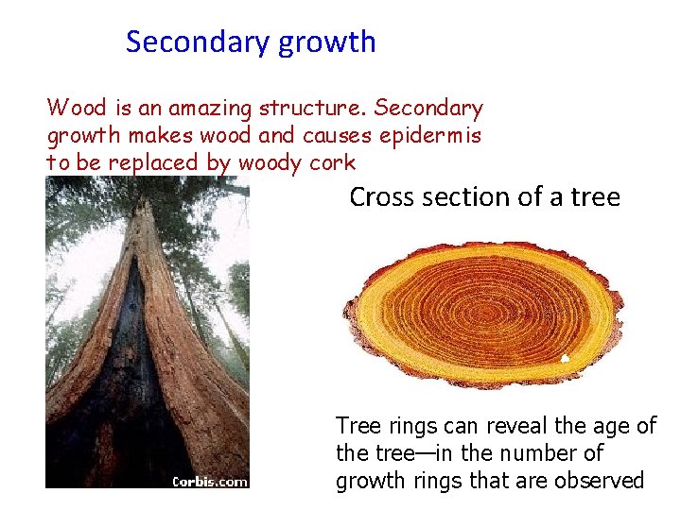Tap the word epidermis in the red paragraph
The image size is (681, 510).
[x=430, y=136]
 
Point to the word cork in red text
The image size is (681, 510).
[x=333, y=162]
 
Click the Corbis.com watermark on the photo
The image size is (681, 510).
[x=209, y=482]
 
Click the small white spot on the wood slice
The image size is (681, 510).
[x=565, y=358]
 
